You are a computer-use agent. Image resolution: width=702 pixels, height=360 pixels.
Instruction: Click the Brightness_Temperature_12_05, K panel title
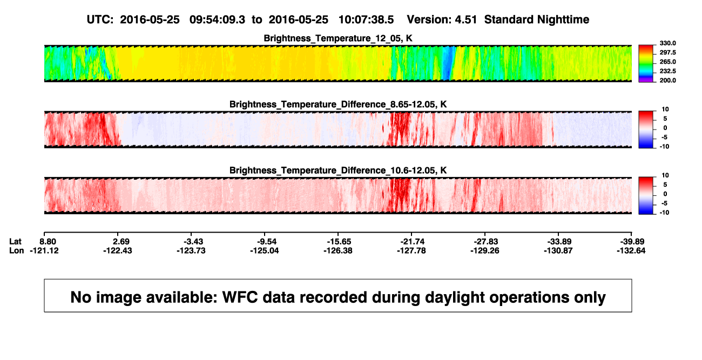pyautogui.click(x=338, y=38)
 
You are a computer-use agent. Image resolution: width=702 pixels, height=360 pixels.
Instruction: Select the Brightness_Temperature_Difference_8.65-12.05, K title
pyautogui.click(x=338, y=104)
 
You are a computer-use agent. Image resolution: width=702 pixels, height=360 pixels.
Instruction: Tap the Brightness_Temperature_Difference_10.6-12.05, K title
pyautogui.click(x=338, y=171)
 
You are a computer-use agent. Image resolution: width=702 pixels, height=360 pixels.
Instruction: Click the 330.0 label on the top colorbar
pyautogui.click(x=667, y=43)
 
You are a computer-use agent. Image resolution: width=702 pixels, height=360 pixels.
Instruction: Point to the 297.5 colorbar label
pyautogui.click(x=667, y=53)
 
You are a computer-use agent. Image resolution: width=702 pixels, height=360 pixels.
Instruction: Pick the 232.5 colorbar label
pyautogui.click(x=667, y=71)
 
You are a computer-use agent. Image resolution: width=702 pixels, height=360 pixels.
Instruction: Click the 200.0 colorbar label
pyautogui.click(x=667, y=80)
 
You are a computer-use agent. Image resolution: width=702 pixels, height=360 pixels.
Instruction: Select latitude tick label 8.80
pyautogui.click(x=48, y=242)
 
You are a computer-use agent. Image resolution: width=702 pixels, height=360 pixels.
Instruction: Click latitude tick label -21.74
pyautogui.click(x=413, y=242)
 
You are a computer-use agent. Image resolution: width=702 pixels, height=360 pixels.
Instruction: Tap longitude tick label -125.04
pyautogui.click(x=265, y=250)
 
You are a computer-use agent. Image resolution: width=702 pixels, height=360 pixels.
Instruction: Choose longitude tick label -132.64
pyautogui.click(x=631, y=250)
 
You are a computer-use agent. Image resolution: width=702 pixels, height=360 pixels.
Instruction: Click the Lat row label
pyautogui.click(x=15, y=242)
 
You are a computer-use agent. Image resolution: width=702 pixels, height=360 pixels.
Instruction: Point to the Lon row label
pyautogui.click(x=16, y=250)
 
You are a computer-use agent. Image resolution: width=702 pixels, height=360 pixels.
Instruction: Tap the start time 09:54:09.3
pyautogui.click(x=217, y=19)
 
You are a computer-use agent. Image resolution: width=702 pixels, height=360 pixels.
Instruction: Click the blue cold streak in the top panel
pyautogui.click(x=449, y=63)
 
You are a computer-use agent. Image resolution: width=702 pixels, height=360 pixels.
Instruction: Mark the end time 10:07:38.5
pyautogui.click(x=366, y=19)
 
